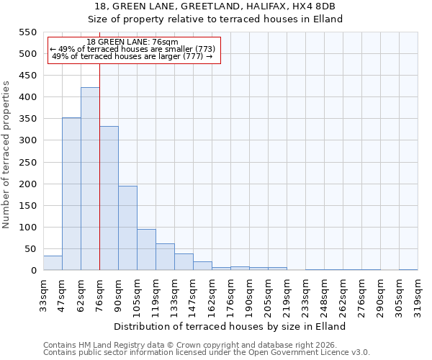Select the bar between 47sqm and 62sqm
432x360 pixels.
click(x=71, y=194)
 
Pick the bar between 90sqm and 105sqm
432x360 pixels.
click(x=127, y=228)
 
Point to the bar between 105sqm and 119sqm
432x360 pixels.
click(x=146, y=250)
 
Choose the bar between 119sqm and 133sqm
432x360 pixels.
click(x=165, y=257)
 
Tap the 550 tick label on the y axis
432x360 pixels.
click(x=27, y=32)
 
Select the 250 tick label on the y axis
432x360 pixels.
click(x=27, y=162)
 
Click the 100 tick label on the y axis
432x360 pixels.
click(x=27, y=228)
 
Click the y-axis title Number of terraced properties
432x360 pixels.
click(x=6, y=155)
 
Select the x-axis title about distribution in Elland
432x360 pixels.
click(x=230, y=326)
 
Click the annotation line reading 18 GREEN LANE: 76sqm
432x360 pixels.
click(x=132, y=42)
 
